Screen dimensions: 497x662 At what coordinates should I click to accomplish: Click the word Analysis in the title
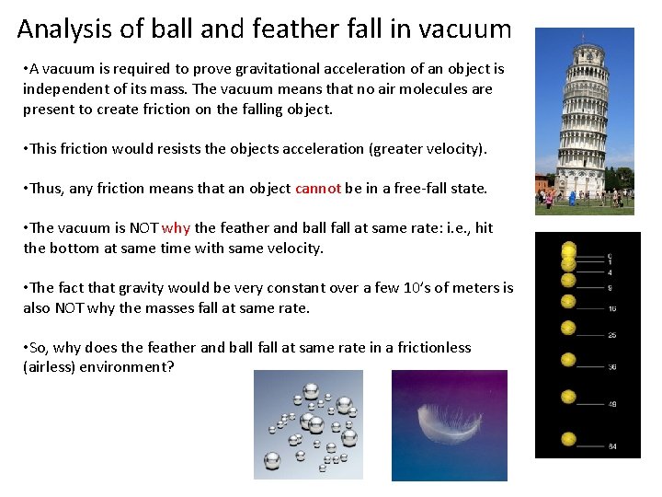coord(65,29)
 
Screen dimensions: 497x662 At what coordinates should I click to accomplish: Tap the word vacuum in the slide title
coord(464,29)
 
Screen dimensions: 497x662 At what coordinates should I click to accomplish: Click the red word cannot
coord(318,189)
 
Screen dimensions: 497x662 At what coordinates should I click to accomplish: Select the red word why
coord(176,228)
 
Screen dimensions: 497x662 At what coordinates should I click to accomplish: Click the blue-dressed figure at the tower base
coord(572,197)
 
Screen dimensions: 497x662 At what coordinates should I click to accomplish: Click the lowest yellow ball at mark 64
coord(569,440)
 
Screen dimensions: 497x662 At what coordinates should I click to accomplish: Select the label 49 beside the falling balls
coord(611,403)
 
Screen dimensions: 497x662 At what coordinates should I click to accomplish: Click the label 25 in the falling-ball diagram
coord(611,334)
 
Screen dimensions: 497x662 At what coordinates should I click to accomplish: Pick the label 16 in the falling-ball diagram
coord(611,307)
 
